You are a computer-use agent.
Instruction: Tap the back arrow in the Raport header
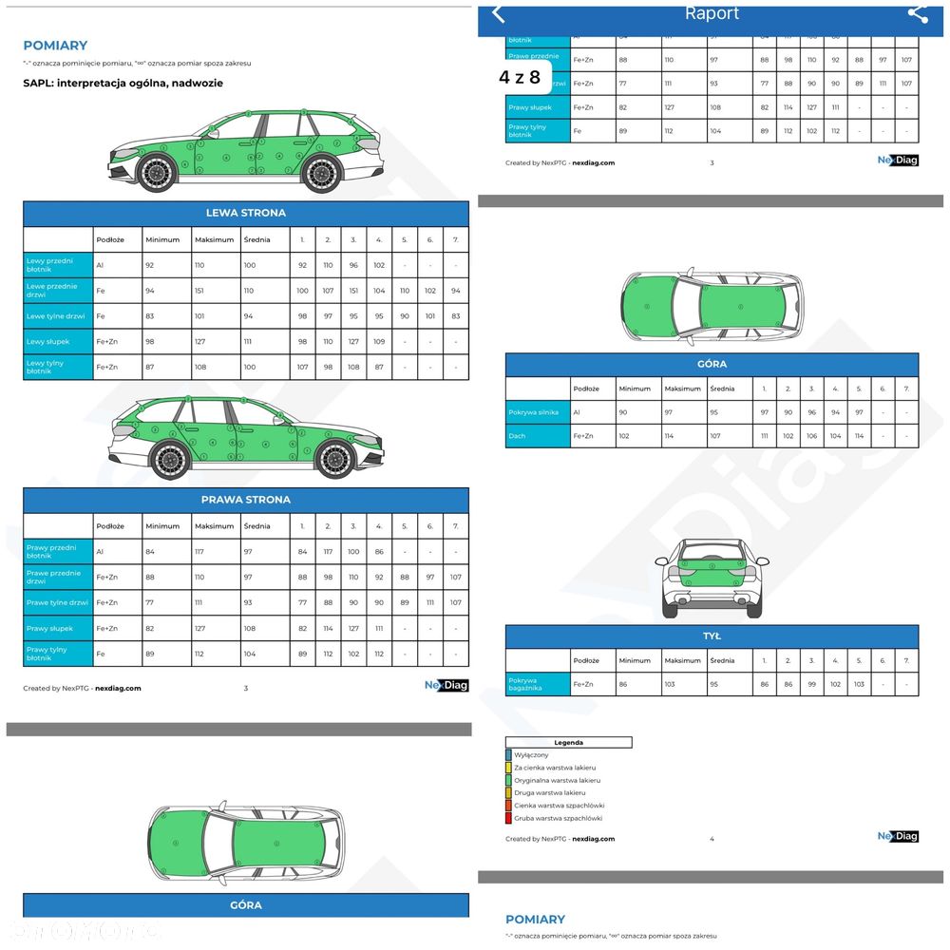tap(499, 13)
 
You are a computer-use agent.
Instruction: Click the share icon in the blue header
tap(917, 13)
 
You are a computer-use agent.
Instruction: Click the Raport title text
tap(712, 13)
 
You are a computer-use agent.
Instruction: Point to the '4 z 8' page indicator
tap(520, 78)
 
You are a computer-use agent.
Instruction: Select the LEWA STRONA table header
tap(246, 213)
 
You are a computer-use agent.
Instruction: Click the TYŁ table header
tap(712, 636)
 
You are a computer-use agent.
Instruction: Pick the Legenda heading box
tap(568, 743)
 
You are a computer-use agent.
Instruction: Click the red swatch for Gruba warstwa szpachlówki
tap(509, 818)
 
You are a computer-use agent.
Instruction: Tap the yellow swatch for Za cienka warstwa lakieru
tap(509, 768)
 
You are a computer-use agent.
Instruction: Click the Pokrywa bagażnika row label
tap(538, 684)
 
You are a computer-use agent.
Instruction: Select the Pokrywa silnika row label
tap(538, 412)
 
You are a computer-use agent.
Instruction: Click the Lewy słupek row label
tap(58, 342)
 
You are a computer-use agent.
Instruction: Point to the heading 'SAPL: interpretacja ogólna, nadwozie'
tap(123, 84)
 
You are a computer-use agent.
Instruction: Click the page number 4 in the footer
tap(712, 839)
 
